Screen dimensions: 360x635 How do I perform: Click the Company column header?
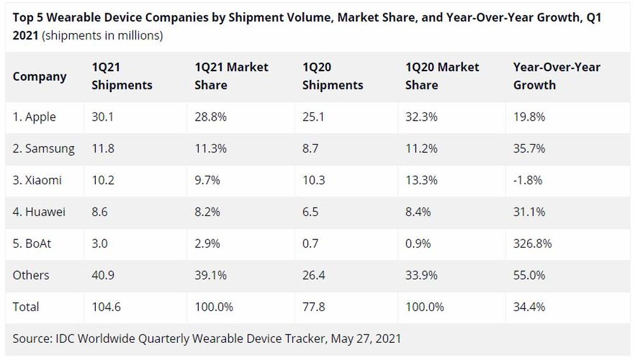click(39, 76)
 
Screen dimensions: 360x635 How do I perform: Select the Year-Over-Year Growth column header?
click(556, 76)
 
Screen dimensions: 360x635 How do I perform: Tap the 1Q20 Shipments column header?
click(333, 76)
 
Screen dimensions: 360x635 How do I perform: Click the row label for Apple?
click(34, 117)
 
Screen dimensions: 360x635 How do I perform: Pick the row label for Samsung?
click(43, 149)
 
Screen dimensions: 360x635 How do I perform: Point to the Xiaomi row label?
click(37, 180)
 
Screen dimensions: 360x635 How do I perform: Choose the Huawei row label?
click(39, 212)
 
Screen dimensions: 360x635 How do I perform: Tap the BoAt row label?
click(33, 244)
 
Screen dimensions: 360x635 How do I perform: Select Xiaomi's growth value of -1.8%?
click(528, 180)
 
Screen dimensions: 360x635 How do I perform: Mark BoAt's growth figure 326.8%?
click(531, 244)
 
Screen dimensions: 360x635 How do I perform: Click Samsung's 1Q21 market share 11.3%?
click(207, 149)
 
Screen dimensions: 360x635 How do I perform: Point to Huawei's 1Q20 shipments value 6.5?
click(311, 212)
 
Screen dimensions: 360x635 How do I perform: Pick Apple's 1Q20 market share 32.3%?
click(422, 117)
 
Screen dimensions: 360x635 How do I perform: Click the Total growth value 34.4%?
click(529, 307)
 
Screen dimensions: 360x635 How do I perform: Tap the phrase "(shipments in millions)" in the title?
click(102, 36)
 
